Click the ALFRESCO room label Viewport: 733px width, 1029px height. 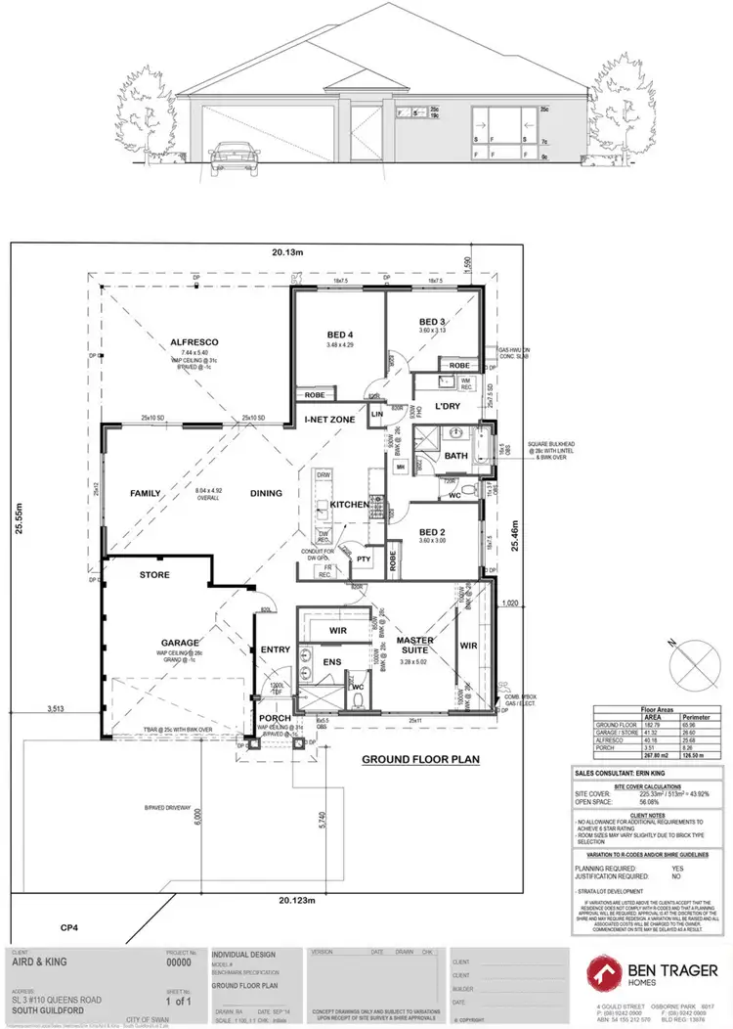coord(194,341)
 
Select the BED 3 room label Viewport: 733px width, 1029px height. coord(432,322)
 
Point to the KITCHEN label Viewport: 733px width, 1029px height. coord(349,504)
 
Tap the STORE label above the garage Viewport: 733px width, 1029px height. coord(154,575)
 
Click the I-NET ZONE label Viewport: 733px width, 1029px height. coord(328,419)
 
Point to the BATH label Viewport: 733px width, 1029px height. coord(456,456)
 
